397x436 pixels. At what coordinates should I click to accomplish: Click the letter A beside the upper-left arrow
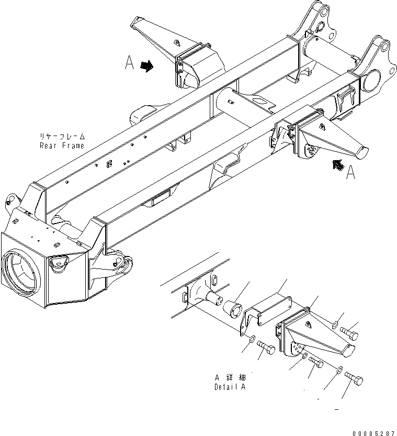tap(130, 63)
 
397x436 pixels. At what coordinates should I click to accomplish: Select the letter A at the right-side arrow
tap(351, 172)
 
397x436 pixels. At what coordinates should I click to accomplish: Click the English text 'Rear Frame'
tap(61, 146)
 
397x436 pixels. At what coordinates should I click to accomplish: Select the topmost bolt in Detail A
tap(349, 332)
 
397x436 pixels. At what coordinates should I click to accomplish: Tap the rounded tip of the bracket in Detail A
tap(350, 351)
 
